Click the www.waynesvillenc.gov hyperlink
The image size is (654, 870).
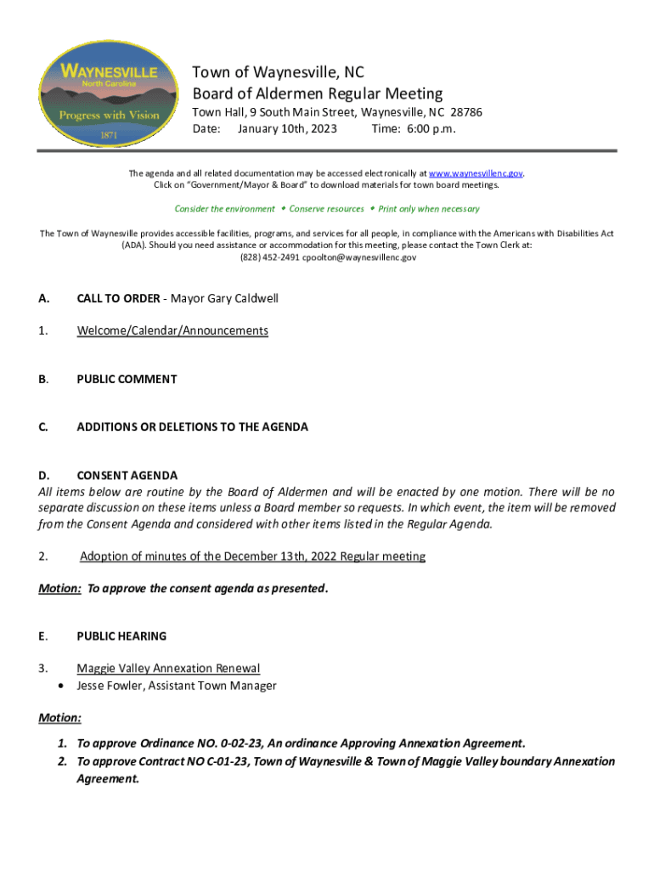click(x=476, y=173)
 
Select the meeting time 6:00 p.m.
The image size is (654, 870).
click(x=430, y=129)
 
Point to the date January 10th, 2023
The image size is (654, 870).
click(x=287, y=129)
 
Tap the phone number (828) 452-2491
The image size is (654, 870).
click(x=269, y=257)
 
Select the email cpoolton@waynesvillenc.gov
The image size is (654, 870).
click(x=362, y=257)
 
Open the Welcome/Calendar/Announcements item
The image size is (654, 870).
click(x=172, y=330)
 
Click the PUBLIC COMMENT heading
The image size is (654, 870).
click(x=127, y=379)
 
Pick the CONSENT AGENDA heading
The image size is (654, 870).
click(x=127, y=476)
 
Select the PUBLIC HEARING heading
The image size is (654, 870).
click(x=121, y=636)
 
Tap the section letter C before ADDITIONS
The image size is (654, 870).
click(x=42, y=427)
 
